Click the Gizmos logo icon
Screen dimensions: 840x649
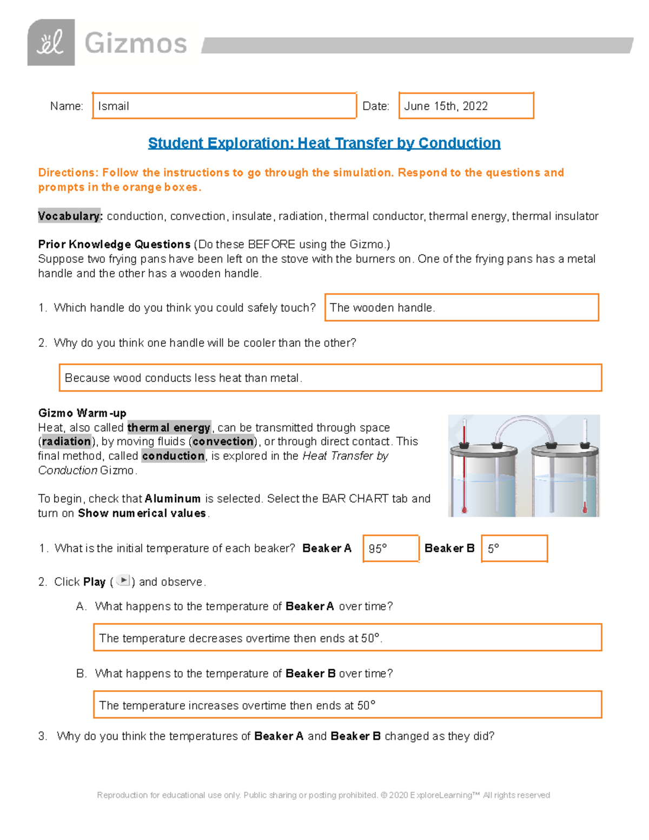click(51, 43)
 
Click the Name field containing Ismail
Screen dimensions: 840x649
click(224, 106)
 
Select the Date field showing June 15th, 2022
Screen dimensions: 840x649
click(466, 106)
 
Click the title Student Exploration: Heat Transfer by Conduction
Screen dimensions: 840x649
click(324, 143)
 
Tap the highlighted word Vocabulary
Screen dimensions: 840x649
click(70, 216)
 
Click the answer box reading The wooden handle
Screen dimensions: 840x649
click(461, 308)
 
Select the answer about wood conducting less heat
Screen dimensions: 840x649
click(330, 378)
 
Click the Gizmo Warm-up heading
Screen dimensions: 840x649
click(82, 413)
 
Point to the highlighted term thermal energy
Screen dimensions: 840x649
click(169, 428)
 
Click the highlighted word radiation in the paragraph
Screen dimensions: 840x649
click(67, 441)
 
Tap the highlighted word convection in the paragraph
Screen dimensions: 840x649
click(223, 441)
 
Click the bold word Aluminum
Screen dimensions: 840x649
click(173, 499)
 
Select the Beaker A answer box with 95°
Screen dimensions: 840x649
click(390, 548)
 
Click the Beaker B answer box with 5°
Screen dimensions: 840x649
click(514, 548)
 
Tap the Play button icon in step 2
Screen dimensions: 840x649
click(123, 581)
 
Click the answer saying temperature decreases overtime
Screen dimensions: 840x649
click(347, 638)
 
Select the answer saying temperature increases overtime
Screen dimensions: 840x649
click(347, 705)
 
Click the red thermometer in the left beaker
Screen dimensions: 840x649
click(464, 465)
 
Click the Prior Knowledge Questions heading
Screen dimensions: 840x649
click(114, 244)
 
